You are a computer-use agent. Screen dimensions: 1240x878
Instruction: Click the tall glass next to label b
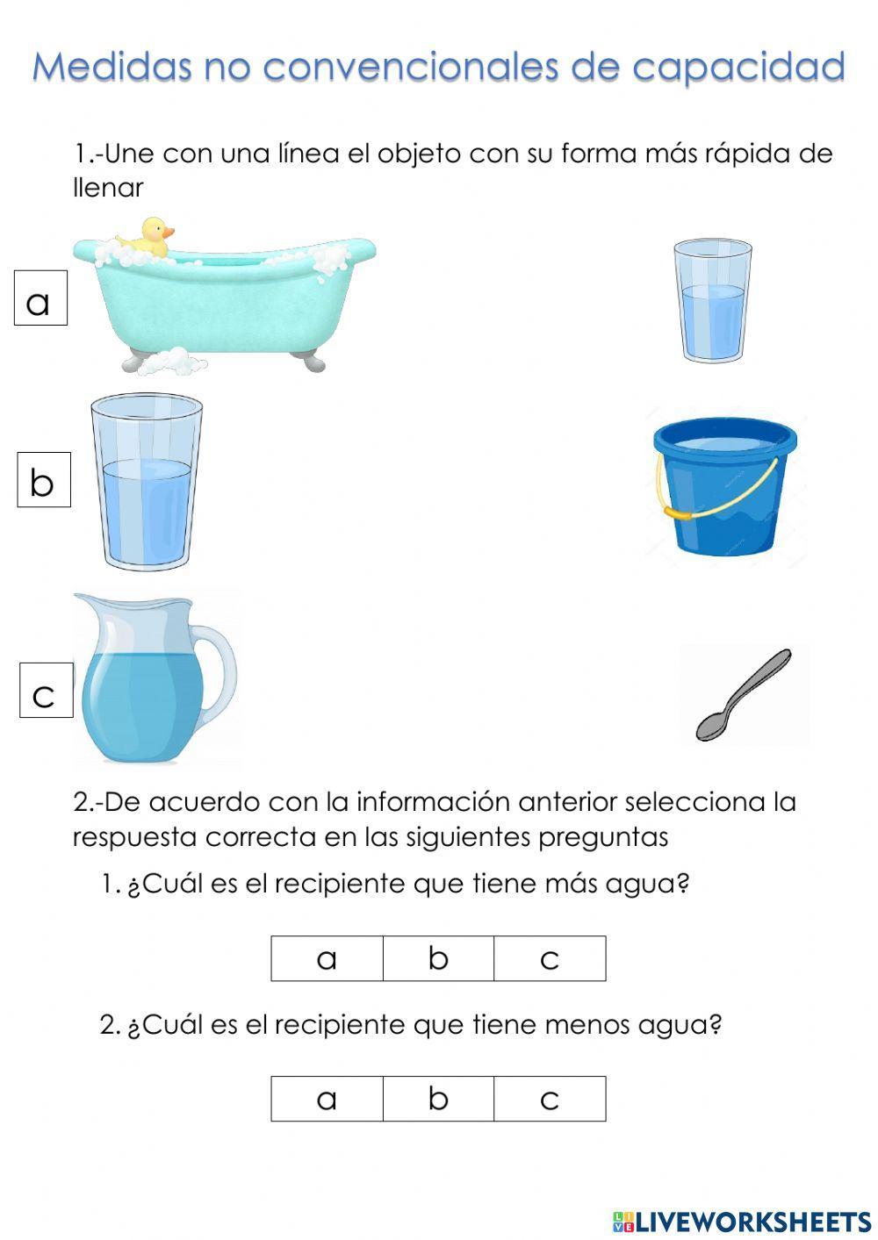pyautogui.click(x=147, y=483)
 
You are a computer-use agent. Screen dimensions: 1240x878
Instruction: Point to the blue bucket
pyautogui.click(x=725, y=491)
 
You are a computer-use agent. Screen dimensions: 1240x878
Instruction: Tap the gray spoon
pyautogui.click(x=743, y=694)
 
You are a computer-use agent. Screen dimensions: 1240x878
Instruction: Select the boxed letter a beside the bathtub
pyautogui.click(x=40, y=298)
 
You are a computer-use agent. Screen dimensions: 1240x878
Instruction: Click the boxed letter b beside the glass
pyautogui.click(x=43, y=480)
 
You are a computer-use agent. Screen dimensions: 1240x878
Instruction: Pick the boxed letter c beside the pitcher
pyautogui.click(x=46, y=691)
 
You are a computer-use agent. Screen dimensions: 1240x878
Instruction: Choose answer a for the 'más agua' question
pyautogui.click(x=327, y=958)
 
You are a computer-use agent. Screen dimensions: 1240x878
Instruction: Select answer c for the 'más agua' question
pyautogui.click(x=550, y=958)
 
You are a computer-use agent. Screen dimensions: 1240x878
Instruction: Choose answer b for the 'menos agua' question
pyautogui.click(x=438, y=1099)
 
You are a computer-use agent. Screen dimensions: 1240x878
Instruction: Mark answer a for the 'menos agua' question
pyautogui.click(x=327, y=1099)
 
